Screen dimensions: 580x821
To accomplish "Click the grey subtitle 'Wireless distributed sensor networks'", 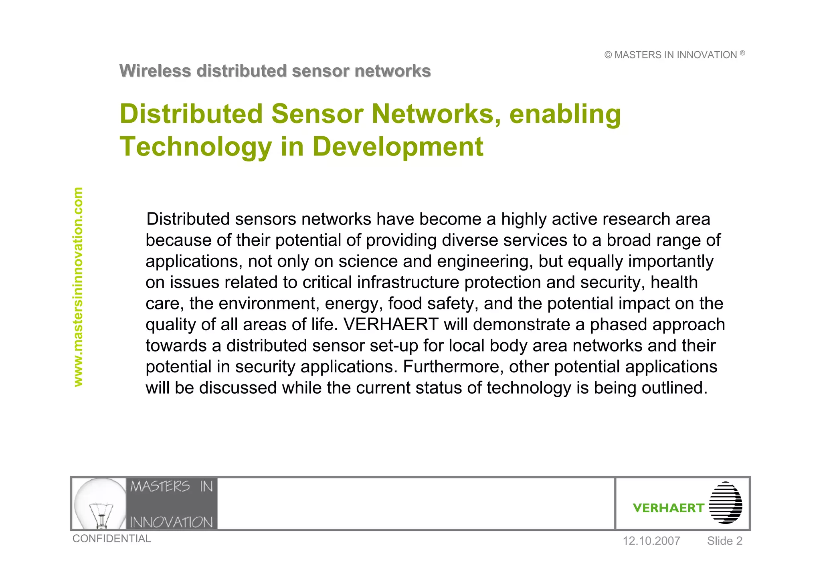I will coord(275,71).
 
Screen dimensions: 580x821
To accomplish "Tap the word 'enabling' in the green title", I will coord(565,114).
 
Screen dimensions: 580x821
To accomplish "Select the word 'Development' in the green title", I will coord(398,147).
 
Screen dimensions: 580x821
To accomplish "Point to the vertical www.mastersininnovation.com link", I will coord(78,287).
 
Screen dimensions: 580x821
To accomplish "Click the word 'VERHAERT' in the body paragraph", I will coord(391,325).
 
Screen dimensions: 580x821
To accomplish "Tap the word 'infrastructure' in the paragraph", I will coord(408,283).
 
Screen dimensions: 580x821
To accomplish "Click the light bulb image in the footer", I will coord(100,504).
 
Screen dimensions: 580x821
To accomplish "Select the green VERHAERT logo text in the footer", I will coord(668,508).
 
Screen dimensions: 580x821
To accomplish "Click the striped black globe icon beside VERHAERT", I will coord(726,503).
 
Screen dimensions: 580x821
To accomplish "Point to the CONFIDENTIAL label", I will coord(111,539).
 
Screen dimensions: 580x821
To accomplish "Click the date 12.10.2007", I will coord(651,541).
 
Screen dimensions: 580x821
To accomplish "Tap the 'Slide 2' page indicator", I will coord(724,541).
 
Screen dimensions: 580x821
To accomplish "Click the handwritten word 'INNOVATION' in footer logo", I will coord(171,522).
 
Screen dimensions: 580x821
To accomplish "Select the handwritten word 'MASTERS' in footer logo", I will coord(160,487).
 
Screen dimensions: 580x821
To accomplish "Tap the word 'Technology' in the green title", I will coord(196,147).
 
